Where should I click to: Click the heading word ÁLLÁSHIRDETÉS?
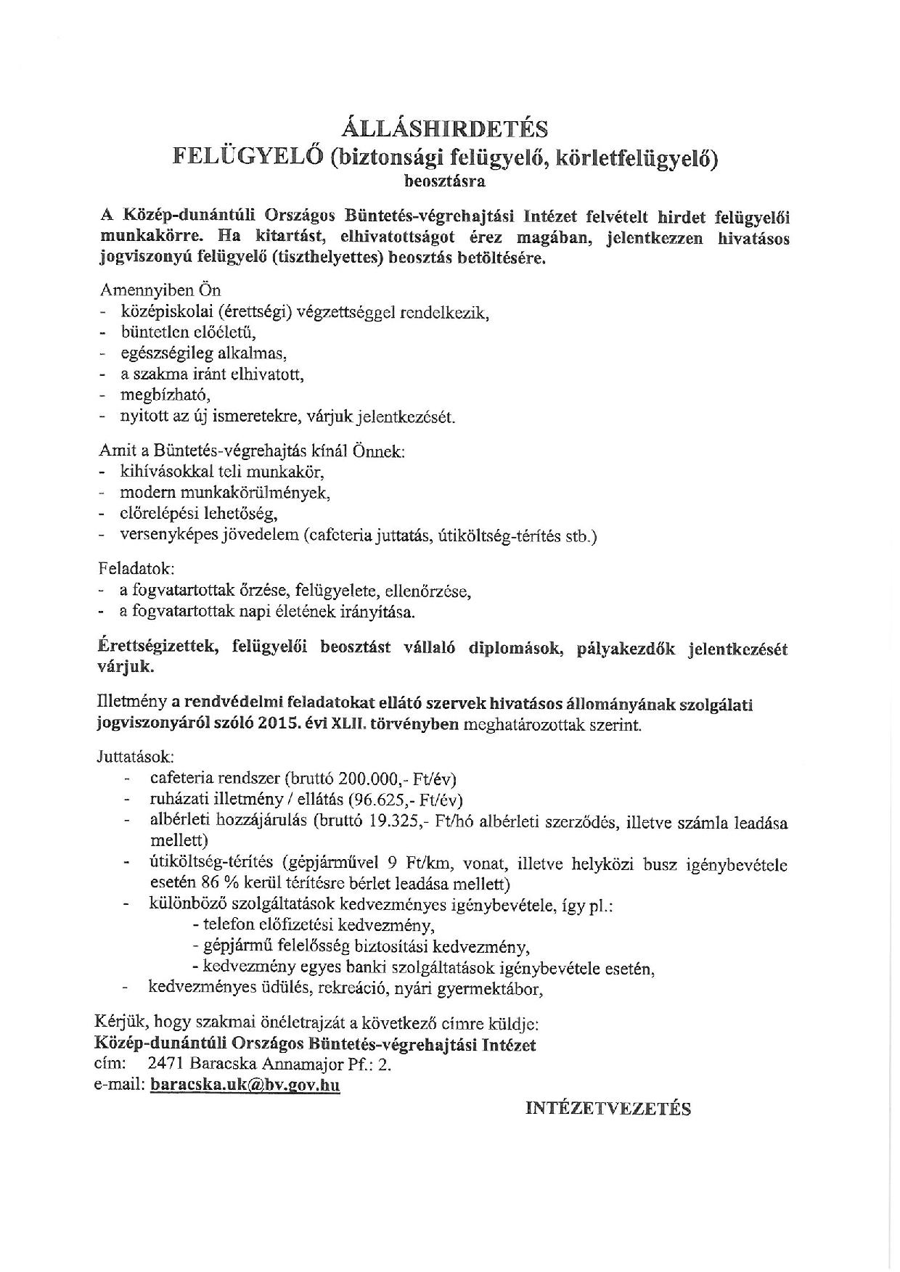point(444,128)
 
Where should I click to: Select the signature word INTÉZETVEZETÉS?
point(608,1108)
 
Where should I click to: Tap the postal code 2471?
point(165,1064)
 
